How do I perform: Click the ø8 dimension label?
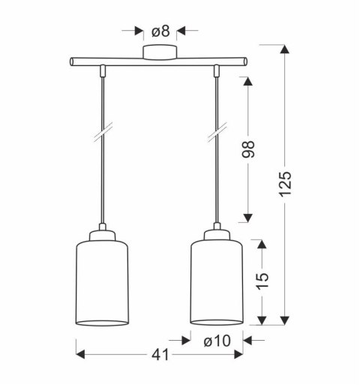pos(160,32)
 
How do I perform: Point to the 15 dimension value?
pos(260,281)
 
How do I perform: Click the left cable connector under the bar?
pos(102,71)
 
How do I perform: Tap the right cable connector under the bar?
pos(217,71)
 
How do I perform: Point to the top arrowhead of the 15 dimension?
pos(260,243)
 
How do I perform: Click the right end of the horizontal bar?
pos(245,61)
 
